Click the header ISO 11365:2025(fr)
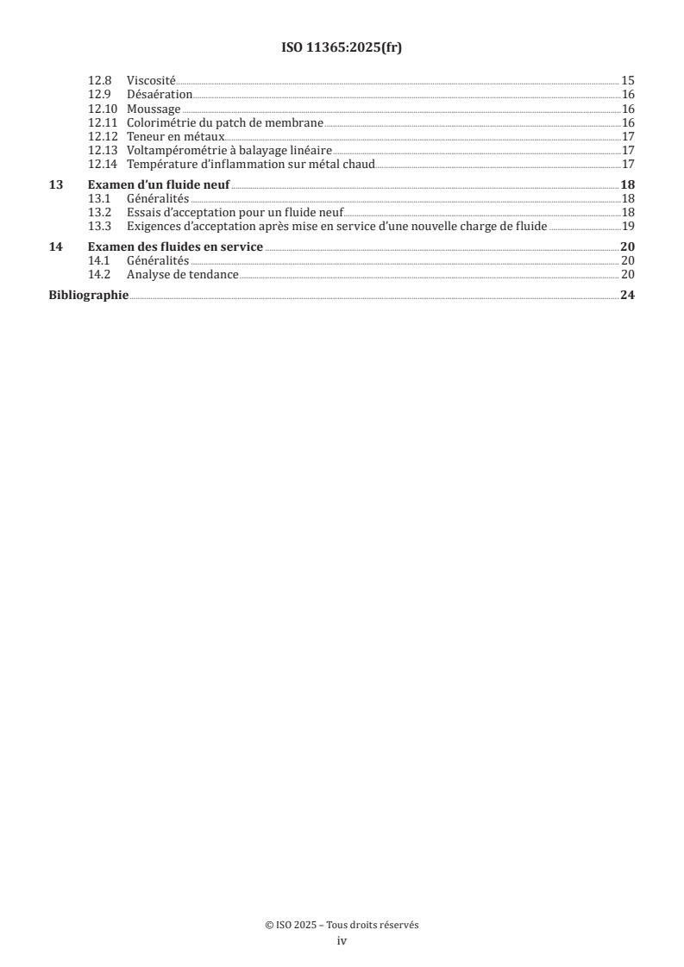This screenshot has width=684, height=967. coord(342,48)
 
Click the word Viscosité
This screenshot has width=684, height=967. coord(151,81)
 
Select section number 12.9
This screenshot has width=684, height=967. coord(100,95)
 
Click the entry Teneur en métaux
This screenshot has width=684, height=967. coord(175,136)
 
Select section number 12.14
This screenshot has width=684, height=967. coord(103,164)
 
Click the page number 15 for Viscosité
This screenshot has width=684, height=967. coord(628,81)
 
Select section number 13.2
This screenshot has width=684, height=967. coord(100,213)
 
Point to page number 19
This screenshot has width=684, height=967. coord(628,227)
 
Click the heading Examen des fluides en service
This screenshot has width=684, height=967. coord(176,247)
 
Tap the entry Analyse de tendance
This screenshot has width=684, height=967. coord(182,275)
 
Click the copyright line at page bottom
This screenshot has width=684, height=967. coord(342,925)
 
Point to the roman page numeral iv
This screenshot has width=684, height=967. coord(342,941)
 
